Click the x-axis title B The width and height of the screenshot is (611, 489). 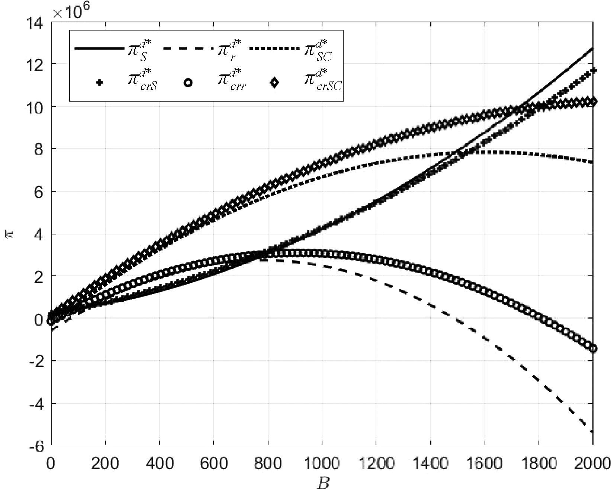[322, 483]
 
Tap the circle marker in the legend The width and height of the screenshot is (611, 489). [187, 83]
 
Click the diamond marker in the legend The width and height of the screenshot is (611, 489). [274, 83]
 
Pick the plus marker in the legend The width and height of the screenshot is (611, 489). [99, 83]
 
